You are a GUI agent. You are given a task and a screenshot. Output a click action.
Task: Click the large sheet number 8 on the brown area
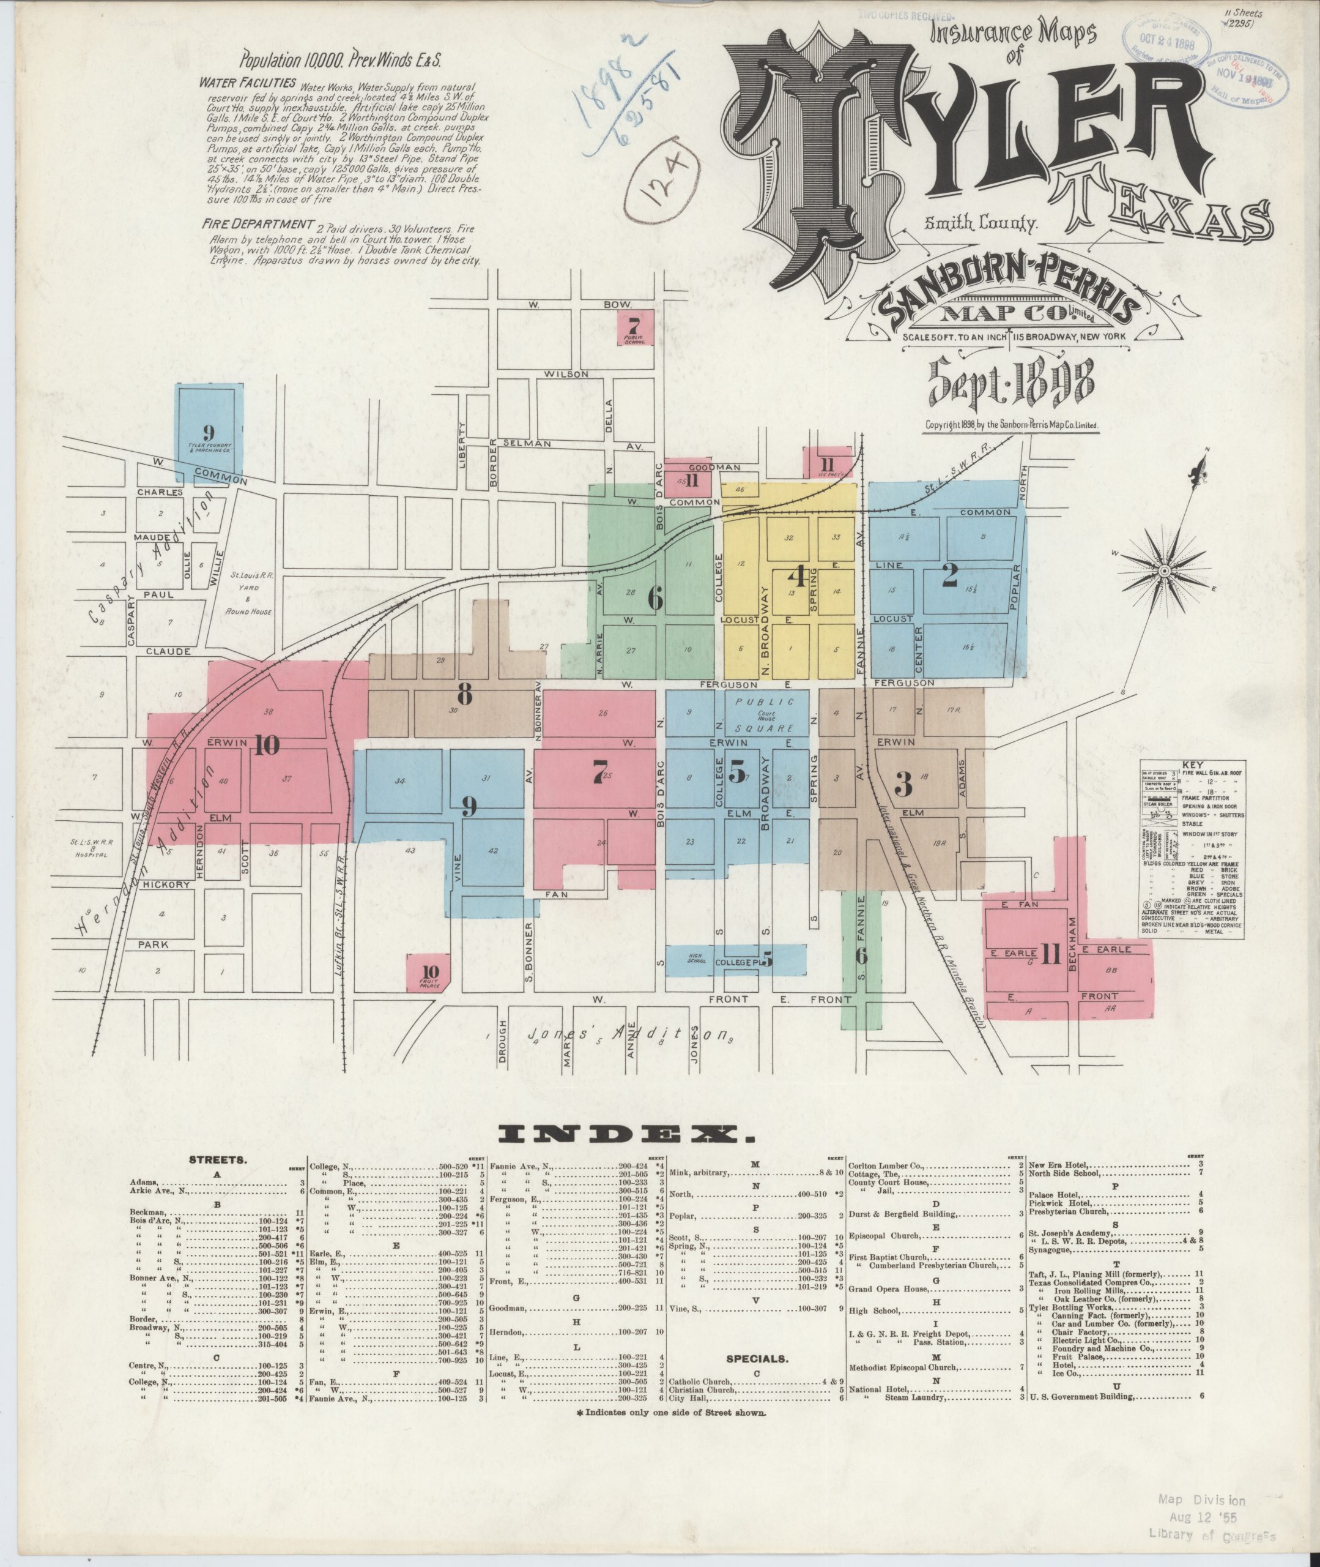[x=465, y=695]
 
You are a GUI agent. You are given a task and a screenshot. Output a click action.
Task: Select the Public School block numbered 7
[x=634, y=328]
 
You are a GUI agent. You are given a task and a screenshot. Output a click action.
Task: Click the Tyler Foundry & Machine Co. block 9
[x=209, y=433]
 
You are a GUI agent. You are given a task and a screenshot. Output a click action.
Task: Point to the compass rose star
[x=1165, y=570]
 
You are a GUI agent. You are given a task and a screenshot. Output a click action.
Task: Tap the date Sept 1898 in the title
[x=1011, y=383]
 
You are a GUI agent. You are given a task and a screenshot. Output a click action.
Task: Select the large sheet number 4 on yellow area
[x=798, y=577]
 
